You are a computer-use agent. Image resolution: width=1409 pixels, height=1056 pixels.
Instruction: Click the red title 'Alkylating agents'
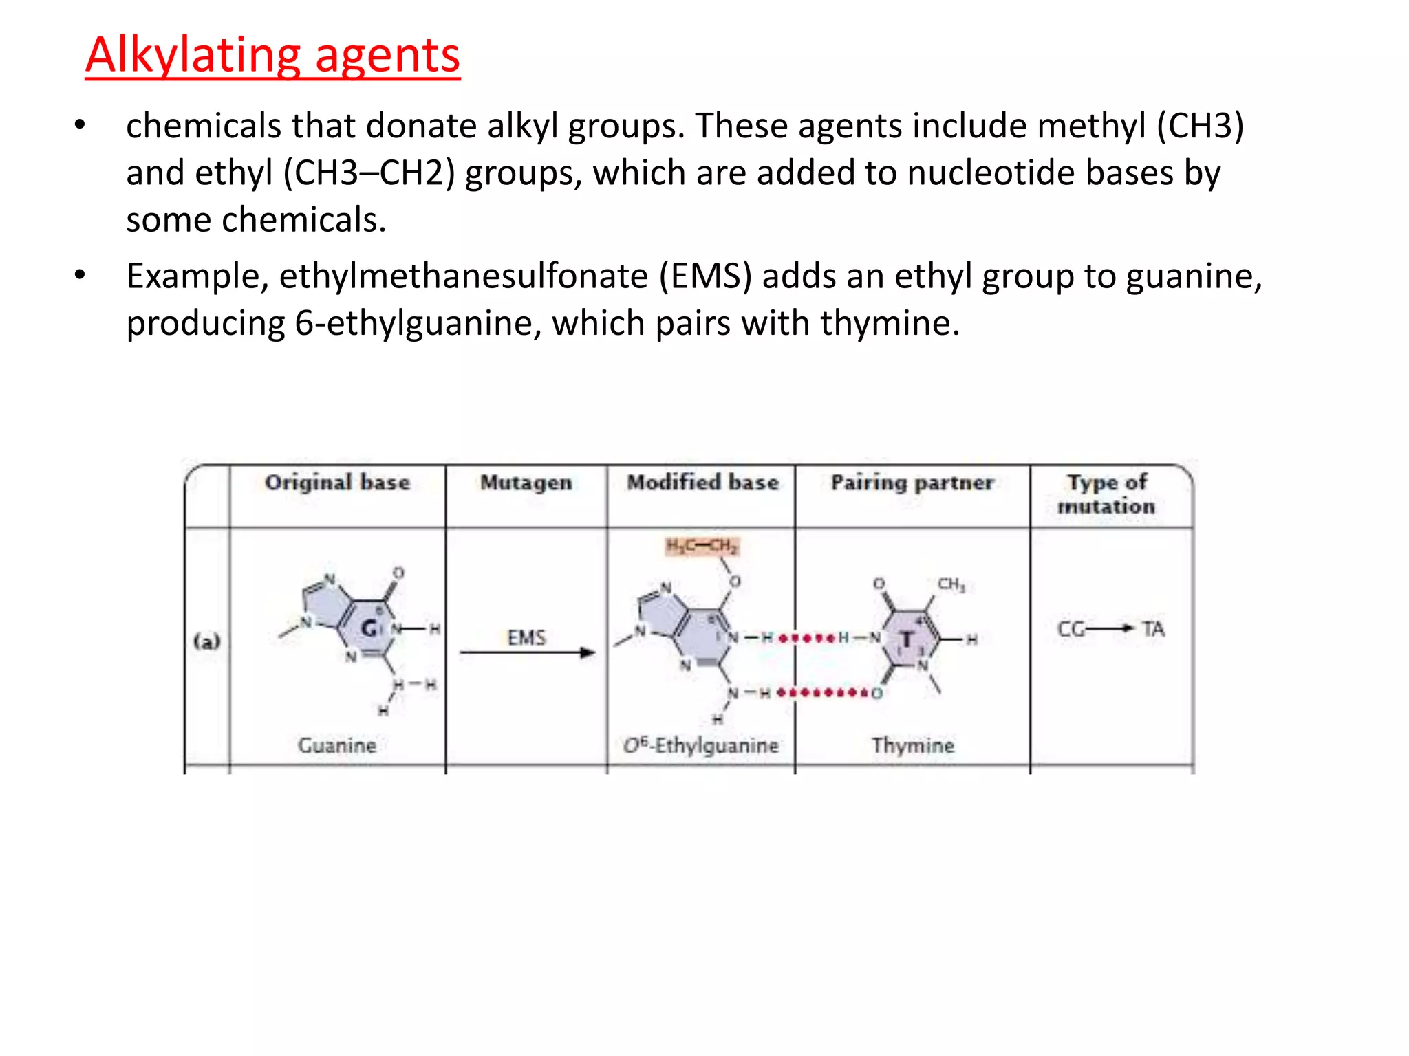272,55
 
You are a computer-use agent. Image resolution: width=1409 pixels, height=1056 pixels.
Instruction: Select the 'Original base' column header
337,483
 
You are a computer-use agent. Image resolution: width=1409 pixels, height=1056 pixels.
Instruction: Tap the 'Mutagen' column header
526,483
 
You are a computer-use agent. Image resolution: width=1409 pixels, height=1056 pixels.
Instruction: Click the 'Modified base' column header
702,483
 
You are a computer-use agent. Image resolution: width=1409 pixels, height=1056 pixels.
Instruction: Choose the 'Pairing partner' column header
912,483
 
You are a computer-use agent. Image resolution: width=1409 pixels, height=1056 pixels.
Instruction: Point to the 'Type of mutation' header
1106,494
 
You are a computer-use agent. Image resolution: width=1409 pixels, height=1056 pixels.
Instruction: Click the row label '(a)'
207,641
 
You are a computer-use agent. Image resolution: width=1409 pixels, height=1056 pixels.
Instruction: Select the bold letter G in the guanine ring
369,628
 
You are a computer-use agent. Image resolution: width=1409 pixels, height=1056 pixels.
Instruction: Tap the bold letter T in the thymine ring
907,640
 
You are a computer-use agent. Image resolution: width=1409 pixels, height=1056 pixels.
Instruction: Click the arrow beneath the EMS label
527,652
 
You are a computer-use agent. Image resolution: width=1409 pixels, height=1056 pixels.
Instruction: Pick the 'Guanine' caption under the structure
337,745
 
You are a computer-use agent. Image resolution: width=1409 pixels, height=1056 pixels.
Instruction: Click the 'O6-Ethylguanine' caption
701,745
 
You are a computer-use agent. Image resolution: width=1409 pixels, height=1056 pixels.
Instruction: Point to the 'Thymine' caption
913,745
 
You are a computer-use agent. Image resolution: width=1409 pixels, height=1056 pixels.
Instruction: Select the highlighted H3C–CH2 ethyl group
702,547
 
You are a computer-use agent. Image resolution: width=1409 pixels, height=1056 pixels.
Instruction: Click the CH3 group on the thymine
951,584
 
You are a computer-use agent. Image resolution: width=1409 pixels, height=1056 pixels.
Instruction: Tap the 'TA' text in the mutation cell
1153,629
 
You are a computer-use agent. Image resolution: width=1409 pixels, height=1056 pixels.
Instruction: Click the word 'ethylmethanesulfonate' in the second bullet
463,276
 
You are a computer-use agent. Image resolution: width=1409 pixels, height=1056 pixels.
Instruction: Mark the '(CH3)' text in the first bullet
1200,126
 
